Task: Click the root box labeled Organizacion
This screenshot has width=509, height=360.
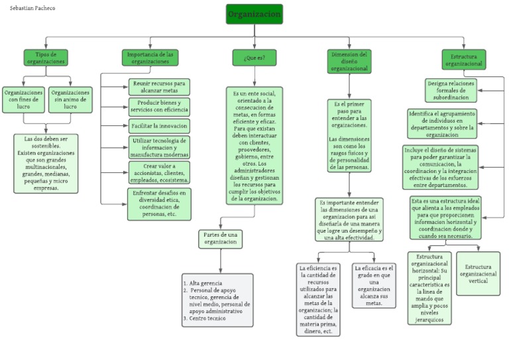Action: tap(254, 15)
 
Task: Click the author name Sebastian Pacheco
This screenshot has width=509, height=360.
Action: tap(32, 8)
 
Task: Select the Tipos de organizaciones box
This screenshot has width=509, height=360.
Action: tap(46, 58)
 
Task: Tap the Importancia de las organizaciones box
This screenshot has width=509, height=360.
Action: tap(150, 58)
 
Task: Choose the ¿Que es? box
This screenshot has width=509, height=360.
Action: tap(254, 58)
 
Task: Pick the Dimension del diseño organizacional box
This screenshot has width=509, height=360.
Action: tap(349, 60)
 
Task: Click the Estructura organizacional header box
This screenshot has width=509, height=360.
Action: tap(464, 60)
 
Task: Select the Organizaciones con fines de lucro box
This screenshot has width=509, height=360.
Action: tap(24, 100)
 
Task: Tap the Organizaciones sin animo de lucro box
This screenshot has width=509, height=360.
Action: tap(70, 100)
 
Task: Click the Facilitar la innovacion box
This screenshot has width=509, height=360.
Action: tap(158, 125)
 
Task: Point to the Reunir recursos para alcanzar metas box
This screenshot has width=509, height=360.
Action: tap(158, 87)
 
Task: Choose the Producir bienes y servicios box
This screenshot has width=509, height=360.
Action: tap(158, 106)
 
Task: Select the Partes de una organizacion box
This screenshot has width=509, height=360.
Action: tap(220, 239)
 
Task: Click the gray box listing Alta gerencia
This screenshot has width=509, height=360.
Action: tap(217, 300)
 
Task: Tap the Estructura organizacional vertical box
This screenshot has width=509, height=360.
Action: tap(478, 273)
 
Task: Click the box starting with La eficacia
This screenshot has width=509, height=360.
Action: tap(374, 285)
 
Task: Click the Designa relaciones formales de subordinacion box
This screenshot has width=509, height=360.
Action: tap(451, 90)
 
